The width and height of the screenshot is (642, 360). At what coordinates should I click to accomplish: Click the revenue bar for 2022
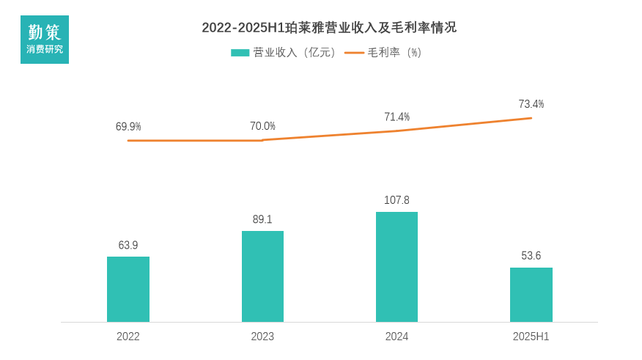pyautogui.click(x=128, y=289)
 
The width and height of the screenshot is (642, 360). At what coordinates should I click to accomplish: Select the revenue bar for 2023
pyautogui.click(x=262, y=276)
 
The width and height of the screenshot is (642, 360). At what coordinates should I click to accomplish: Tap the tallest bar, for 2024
pyautogui.click(x=396, y=267)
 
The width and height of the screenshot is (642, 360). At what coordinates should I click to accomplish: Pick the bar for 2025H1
pyautogui.click(x=531, y=295)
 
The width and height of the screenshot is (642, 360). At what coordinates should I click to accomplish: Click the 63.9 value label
pyautogui.click(x=128, y=245)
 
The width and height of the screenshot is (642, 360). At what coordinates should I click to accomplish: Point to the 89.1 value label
pyautogui.click(x=262, y=219)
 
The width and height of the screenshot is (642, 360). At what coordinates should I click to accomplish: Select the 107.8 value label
pyautogui.click(x=396, y=200)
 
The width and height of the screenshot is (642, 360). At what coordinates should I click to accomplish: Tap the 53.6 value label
pyautogui.click(x=531, y=256)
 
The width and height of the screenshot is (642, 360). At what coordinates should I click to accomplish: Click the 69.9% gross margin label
pyautogui.click(x=128, y=126)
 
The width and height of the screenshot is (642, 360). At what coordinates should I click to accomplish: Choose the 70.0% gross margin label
pyautogui.click(x=262, y=126)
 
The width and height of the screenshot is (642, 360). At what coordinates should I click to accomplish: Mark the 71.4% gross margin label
pyautogui.click(x=396, y=117)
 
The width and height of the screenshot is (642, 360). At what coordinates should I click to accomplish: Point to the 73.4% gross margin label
pyautogui.click(x=531, y=104)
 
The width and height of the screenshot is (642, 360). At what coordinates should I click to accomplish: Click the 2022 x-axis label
pyautogui.click(x=128, y=337)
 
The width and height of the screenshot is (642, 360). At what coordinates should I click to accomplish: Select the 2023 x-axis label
pyautogui.click(x=262, y=337)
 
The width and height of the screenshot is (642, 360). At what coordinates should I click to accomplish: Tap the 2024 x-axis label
pyautogui.click(x=396, y=337)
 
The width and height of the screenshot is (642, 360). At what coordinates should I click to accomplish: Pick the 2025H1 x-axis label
pyautogui.click(x=531, y=337)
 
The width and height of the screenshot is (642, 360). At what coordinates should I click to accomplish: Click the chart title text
pyautogui.click(x=329, y=28)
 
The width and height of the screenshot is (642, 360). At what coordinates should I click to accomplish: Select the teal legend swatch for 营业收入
pyautogui.click(x=240, y=53)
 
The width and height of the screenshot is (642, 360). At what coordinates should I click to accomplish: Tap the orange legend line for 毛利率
pyautogui.click(x=354, y=53)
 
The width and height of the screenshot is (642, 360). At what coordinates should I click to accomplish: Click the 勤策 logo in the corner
pyautogui.click(x=45, y=40)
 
